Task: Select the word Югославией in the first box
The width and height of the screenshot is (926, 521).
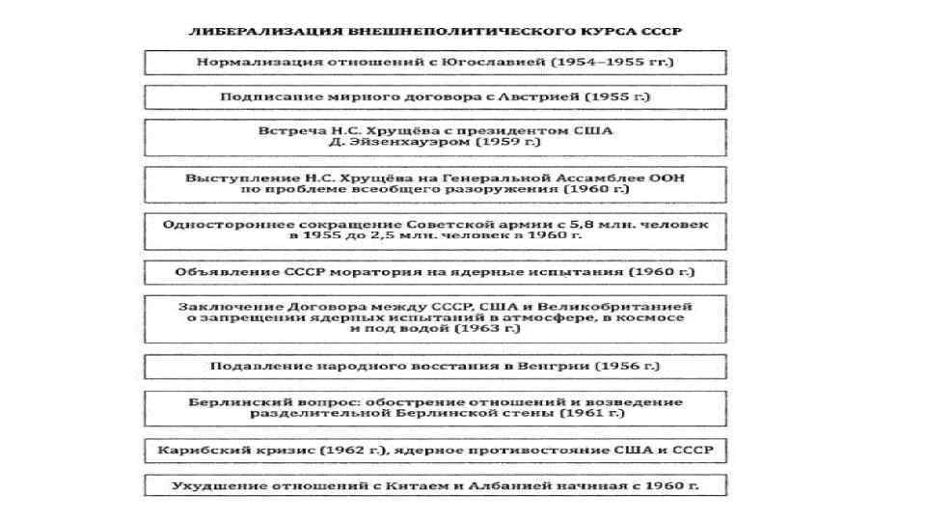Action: (492, 62)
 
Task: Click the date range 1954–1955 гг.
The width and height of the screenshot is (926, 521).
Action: (612, 62)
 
